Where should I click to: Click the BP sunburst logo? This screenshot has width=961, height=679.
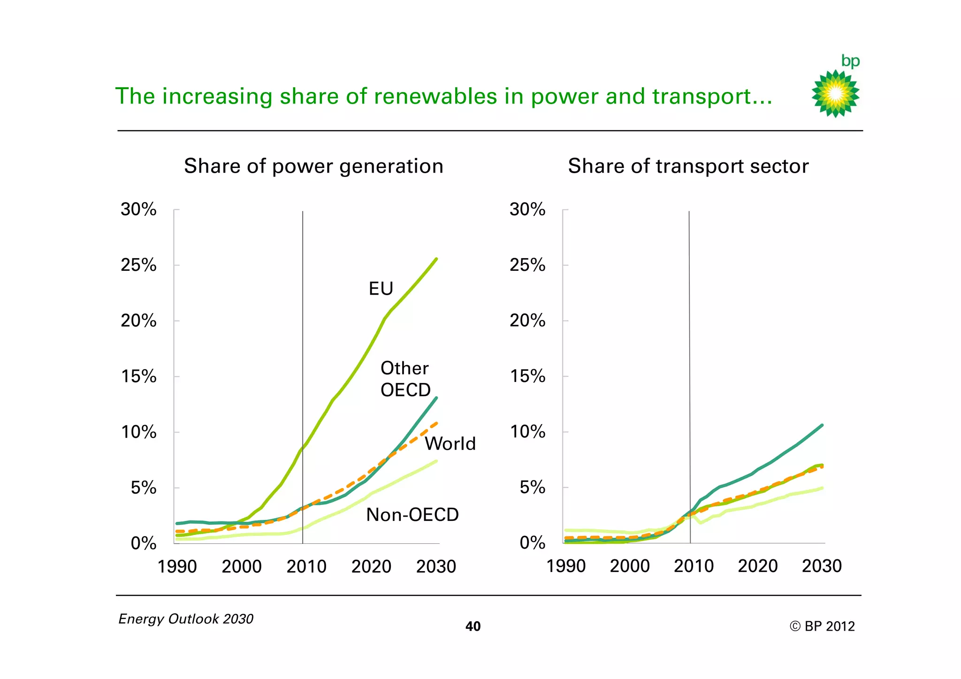(835, 94)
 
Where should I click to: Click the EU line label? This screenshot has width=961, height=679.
(381, 289)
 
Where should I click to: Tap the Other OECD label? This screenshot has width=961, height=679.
(405, 379)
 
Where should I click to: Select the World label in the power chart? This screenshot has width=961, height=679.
(450, 443)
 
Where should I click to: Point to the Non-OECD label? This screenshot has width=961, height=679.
(412, 515)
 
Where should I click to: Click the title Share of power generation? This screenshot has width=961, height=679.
(313, 166)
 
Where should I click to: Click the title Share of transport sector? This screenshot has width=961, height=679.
(688, 166)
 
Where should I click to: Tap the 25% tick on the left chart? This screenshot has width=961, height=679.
(138, 265)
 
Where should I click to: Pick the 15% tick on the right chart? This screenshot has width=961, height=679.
(527, 376)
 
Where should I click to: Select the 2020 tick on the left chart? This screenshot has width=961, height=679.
(371, 567)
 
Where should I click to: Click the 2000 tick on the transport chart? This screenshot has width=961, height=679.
(630, 566)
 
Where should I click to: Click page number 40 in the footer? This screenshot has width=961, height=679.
(473, 626)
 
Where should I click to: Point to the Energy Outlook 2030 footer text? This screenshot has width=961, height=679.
(186, 619)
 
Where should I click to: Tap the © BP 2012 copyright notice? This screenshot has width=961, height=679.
(822, 626)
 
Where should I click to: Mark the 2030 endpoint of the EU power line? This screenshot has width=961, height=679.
(436, 259)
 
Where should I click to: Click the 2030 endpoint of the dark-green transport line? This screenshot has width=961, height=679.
(822, 425)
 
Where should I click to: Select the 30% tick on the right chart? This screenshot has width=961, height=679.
(527, 209)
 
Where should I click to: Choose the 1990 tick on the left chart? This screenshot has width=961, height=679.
(177, 567)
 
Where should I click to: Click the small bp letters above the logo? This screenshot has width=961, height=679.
(850, 61)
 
